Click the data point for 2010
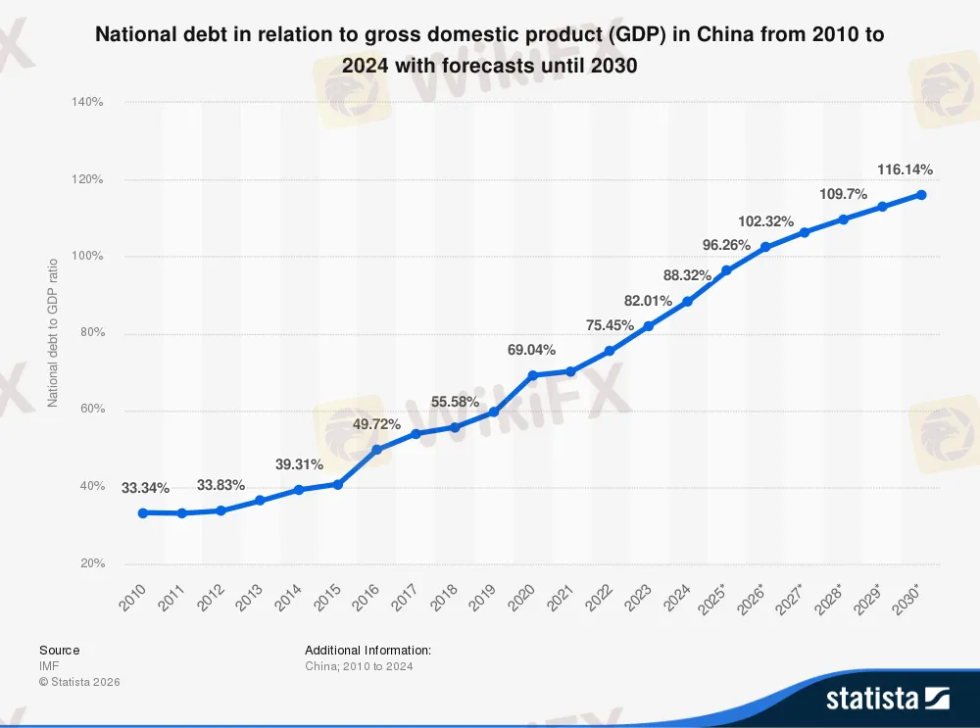(143, 512)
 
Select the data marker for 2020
(532, 375)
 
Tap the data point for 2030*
(921, 194)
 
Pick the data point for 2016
(376, 450)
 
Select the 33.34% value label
(145, 488)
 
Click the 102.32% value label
(765, 221)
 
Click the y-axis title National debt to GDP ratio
(54, 333)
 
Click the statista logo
(888, 698)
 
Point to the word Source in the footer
(60, 650)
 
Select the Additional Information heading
(367, 650)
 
